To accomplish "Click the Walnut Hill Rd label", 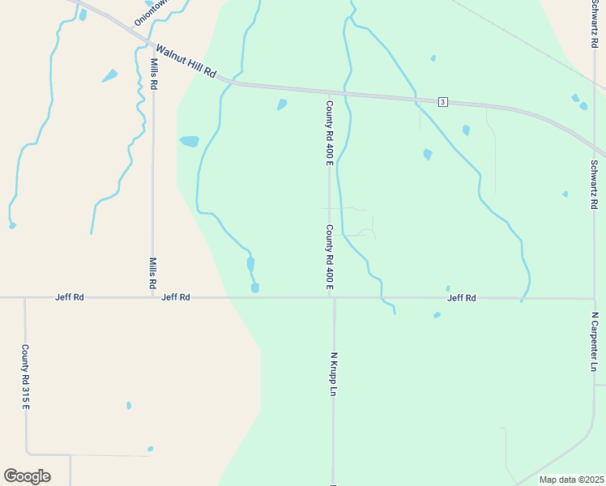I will click(186, 62).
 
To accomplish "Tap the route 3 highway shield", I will click(442, 101).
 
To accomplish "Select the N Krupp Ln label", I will click(333, 373).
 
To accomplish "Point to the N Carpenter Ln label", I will click(594, 342).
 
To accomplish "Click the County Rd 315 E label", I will click(25, 377).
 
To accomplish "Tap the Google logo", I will click(27, 476).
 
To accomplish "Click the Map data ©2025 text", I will click(571, 480).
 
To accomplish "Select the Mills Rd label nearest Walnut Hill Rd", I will click(153, 73).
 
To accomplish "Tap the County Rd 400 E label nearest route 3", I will click(330, 133).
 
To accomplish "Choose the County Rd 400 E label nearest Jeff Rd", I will click(330, 258).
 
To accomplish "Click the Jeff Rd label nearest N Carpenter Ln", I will click(461, 298).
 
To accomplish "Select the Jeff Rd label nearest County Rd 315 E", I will click(70, 297).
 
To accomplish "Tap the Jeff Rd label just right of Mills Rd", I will click(176, 297).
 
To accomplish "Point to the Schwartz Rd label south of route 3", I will click(594, 184).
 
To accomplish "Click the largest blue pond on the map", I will click(189, 141).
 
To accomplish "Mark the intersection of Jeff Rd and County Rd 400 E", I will click(331, 297).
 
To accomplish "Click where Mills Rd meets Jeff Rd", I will click(152, 297).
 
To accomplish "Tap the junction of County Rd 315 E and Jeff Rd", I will click(25, 297).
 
